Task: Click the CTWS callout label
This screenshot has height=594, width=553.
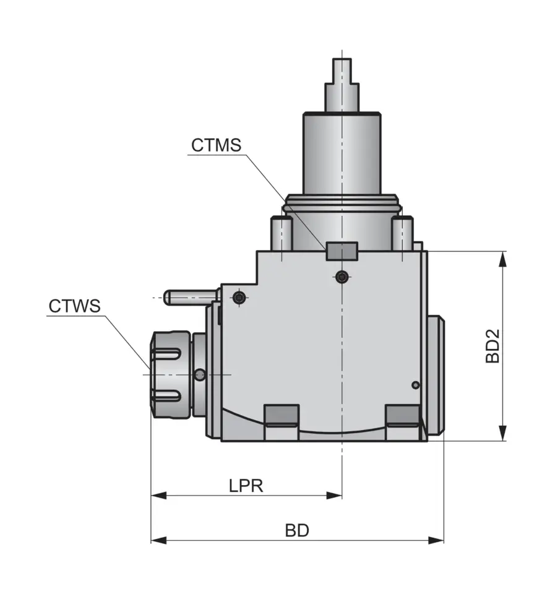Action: tap(74, 306)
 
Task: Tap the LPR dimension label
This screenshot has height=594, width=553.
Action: tap(246, 486)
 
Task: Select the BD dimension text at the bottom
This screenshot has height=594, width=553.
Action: tap(297, 531)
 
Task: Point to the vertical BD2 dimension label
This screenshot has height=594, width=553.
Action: tap(492, 346)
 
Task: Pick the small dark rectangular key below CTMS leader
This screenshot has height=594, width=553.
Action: tap(342, 251)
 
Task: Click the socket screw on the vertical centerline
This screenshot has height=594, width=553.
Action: tap(342, 277)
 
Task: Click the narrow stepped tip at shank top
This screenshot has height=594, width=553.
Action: tap(342, 71)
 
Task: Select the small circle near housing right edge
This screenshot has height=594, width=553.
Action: tap(416, 385)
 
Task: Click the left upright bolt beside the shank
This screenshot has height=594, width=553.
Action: tap(281, 233)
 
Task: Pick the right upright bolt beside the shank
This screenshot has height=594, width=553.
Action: tap(402, 233)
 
